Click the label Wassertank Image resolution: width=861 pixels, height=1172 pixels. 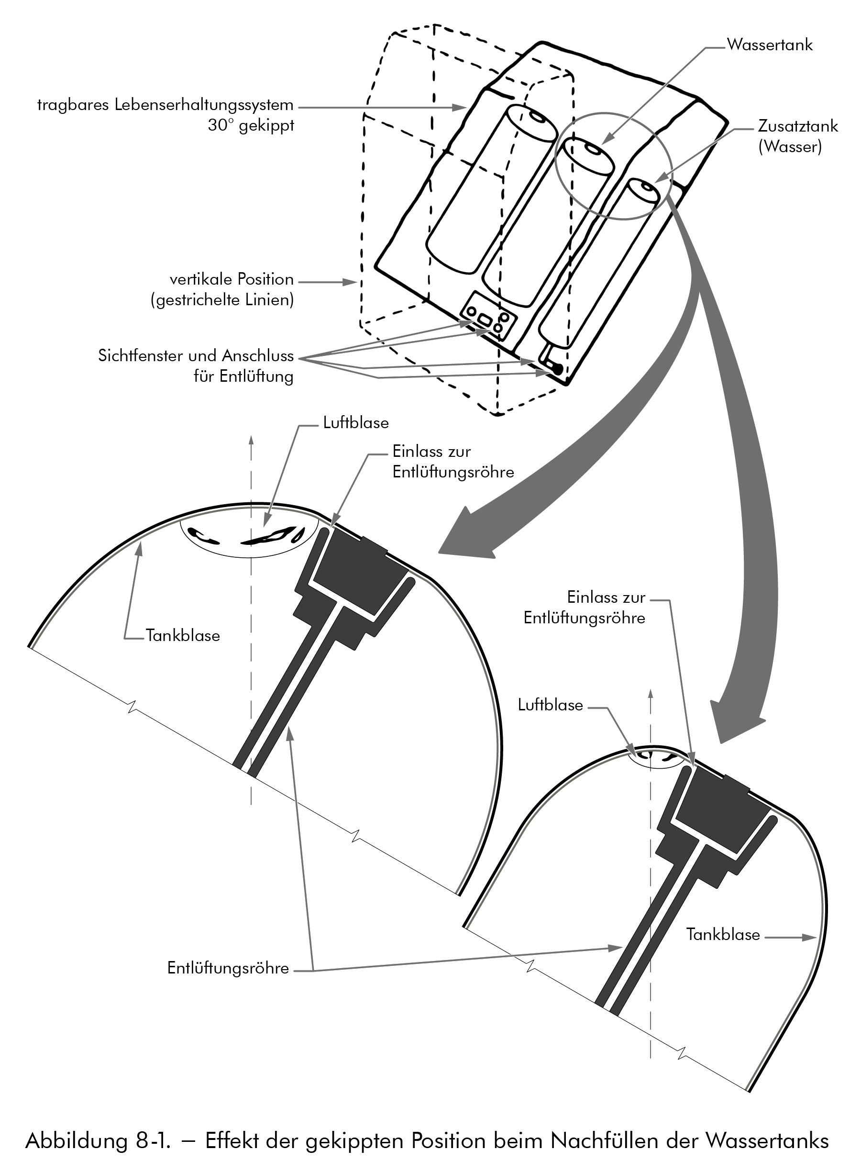pyautogui.click(x=769, y=45)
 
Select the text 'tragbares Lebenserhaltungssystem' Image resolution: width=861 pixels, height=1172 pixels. pyautogui.click(x=165, y=106)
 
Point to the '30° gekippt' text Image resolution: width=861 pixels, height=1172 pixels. pyautogui.click(x=251, y=126)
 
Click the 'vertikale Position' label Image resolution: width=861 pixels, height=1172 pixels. pyautogui.click(x=232, y=280)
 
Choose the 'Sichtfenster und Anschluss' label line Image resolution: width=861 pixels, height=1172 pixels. pyautogui.click(x=196, y=356)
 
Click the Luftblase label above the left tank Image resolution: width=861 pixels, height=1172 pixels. pyautogui.click(x=355, y=422)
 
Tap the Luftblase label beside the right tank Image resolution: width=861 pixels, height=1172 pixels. pyautogui.click(x=550, y=705)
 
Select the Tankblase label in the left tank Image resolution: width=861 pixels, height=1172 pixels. pyautogui.click(x=182, y=636)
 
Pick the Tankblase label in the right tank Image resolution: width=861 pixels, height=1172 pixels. pyautogui.click(x=722, y=934)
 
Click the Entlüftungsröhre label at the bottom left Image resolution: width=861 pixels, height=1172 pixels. pyautogui.click(x=228, y=968)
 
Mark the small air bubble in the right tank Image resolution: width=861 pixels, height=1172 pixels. pyautogui.click(x=658, y=756)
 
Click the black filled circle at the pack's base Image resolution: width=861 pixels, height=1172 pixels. pyautogui.click(x=557, y=369)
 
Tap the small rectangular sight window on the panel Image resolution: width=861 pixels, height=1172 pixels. pyautogui.click(x=484, y=319)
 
